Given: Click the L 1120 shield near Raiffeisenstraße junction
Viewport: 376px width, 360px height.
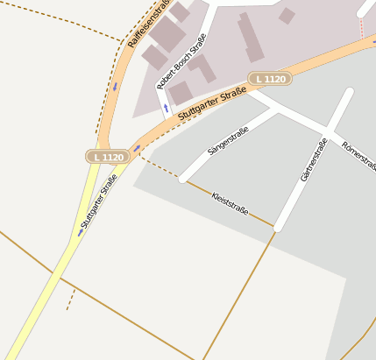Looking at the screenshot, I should (x=108, y=156).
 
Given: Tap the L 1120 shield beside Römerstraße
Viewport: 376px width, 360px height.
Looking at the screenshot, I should (x=270, y=79).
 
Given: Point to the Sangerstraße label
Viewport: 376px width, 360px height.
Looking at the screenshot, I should (x=228, y=140).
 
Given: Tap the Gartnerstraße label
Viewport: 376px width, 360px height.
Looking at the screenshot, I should (x=313, y=160).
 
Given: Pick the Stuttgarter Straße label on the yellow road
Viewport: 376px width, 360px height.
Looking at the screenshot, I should (x=99, y=203).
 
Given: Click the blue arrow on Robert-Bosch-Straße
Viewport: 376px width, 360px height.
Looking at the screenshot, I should (x=165, y=109).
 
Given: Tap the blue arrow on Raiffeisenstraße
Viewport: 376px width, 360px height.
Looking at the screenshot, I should (x=114, y=86).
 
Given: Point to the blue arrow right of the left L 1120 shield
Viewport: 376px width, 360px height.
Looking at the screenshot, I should (x=136, y=149).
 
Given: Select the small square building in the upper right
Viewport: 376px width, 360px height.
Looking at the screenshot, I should (x=287, y=16).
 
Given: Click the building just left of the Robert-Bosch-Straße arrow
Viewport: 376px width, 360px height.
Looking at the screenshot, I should (x=181, y=93).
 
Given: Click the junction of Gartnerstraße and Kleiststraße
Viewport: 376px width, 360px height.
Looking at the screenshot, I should (x=277, y=227).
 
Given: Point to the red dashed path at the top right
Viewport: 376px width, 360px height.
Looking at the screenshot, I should (x=360, y=28).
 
